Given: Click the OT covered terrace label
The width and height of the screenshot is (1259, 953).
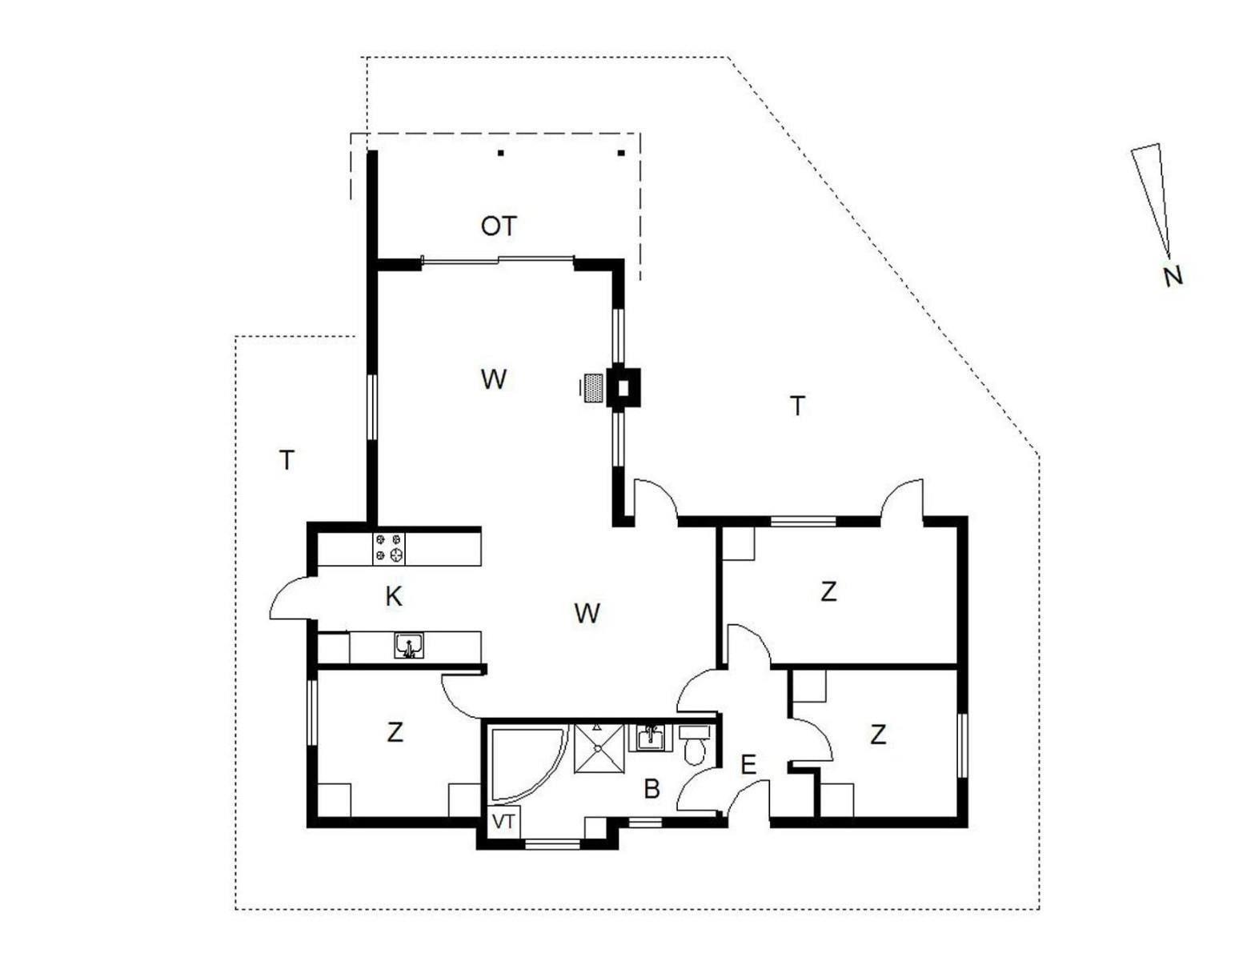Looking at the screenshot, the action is tap(499, 226).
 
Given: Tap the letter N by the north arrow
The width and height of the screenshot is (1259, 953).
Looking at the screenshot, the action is tap(1173, 277).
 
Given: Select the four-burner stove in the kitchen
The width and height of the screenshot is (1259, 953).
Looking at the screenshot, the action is tap(388, 548).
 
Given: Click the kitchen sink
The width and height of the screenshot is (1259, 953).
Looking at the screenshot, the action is tap(409, 646).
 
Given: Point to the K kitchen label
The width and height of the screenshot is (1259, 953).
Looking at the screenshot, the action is tap(393, 597).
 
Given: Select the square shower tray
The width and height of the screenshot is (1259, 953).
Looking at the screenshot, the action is tap(598, 747).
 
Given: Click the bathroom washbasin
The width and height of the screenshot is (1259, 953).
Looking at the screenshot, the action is tap(651, 738).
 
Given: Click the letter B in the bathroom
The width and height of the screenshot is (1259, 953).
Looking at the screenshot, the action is tap(652, 790).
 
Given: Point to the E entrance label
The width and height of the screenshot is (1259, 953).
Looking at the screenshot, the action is tap(748, 765).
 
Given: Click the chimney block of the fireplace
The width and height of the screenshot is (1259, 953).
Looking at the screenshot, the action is tap(623, 388).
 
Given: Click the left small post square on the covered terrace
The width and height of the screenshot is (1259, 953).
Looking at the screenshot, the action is tap(501, 153).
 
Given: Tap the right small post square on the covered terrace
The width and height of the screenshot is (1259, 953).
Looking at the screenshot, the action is tap(620, 153).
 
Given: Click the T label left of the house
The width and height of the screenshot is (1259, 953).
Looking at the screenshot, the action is tap(287, 459).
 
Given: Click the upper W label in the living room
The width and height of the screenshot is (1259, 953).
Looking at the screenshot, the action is tap(494, 379).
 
